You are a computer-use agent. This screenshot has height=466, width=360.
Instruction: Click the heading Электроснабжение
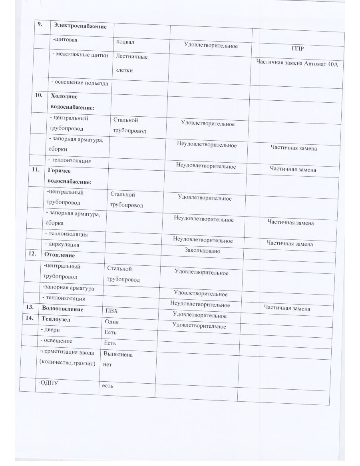[80, 26]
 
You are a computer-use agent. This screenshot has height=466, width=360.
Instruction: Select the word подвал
[124, 41]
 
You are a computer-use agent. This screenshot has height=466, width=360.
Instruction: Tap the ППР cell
[298, 49]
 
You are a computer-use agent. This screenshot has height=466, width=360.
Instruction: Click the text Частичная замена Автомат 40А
[297, 64]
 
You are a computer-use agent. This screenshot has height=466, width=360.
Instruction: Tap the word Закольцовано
[202, 251]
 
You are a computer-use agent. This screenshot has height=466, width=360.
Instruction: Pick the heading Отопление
[60, 255]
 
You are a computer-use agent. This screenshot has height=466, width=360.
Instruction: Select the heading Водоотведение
[62, 309]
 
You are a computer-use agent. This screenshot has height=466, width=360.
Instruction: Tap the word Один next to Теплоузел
[111, 322]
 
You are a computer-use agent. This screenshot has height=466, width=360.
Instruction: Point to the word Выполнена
[118, 354]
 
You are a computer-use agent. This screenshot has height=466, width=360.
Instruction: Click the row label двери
[51, 330]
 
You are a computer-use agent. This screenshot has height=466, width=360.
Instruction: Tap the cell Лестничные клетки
[131, 63]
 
